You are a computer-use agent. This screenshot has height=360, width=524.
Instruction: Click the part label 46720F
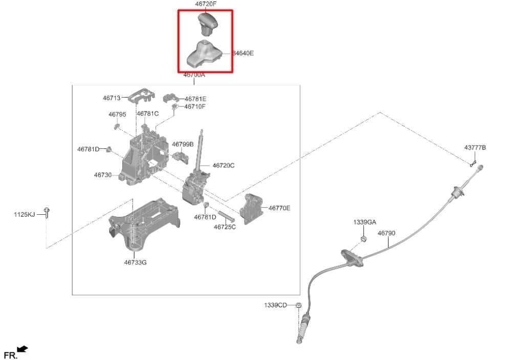point(206,4)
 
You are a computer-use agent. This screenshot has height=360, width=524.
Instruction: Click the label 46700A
point(194,75)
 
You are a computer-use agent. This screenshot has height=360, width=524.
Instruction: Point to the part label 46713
point(111,98)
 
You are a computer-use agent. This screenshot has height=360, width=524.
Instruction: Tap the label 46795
point(117,115)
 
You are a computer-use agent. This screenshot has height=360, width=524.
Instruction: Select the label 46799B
point(183,144)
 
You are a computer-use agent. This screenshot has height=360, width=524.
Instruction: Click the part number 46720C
point(223,165)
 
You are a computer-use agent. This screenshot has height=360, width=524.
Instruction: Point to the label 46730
point(102,175)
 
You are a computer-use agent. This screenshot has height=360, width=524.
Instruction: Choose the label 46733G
point(135,262)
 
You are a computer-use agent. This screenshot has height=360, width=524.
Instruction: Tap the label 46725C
point(225,227)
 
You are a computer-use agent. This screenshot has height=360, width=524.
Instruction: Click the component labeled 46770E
point(251,208)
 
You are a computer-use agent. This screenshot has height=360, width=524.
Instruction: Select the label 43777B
point(475,148)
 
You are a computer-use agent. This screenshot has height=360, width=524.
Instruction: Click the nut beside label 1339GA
point(363,238)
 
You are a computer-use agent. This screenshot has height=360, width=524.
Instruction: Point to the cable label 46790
point(386,233)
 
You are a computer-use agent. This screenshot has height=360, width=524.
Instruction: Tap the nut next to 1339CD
point(299,306)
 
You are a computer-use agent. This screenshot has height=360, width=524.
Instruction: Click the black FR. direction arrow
point(22,349)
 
